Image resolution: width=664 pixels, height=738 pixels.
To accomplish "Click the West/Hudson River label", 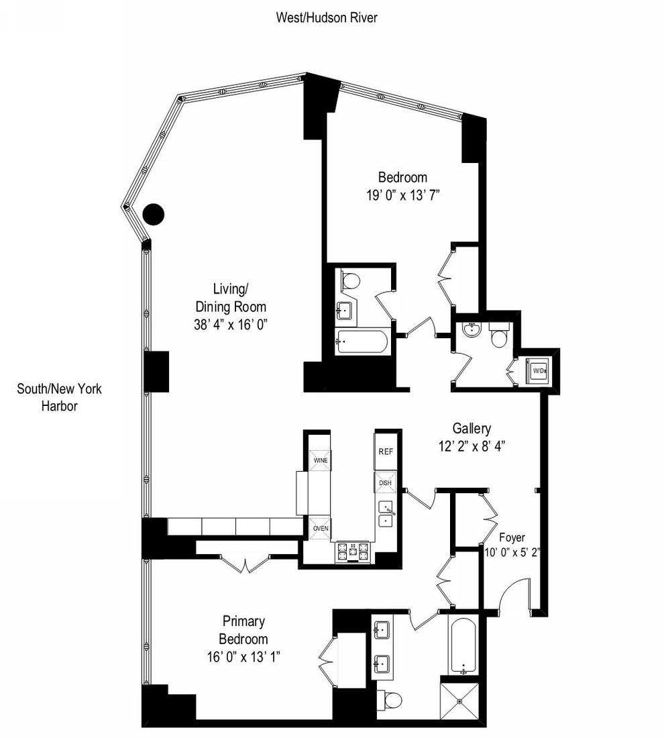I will click(327, 18).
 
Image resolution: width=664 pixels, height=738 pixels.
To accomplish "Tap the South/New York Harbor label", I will click(60, 397).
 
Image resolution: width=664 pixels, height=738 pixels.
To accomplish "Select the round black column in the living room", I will click(154, 214).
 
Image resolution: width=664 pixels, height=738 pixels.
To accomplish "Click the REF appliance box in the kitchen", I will click(386, 452).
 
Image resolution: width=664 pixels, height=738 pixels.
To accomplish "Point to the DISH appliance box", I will click(386, 482).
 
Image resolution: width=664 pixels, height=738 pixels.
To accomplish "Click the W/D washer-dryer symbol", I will click(539, 370).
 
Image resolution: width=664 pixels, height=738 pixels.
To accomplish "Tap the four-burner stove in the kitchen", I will click(353, 551).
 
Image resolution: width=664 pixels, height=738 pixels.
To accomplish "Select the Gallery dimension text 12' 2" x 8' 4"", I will click(471, 445).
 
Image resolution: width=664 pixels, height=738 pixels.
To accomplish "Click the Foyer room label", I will click(512, 537).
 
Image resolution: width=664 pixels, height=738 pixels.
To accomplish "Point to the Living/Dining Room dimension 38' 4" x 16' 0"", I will click(231, 323).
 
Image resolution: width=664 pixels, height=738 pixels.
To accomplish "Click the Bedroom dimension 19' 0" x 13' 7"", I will click(402, 195).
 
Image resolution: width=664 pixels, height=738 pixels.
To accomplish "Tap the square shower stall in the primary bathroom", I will click(460, 702).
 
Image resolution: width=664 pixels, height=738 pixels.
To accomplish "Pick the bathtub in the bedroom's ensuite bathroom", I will click(362, 341).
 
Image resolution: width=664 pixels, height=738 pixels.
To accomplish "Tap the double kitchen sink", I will click(387, 513).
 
